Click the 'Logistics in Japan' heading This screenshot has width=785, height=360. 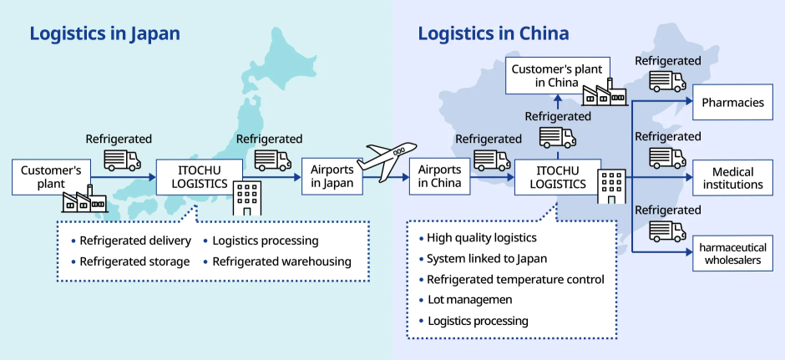(104, 33)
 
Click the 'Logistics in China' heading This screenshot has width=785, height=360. (494, 33)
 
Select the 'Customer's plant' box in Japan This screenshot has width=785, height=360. (51, 176)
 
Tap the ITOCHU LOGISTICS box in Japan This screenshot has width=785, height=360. (199, 176)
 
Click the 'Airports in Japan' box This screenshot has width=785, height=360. (332, 176)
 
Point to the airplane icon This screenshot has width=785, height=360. (386, 160)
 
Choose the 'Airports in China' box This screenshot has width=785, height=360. (439, 176)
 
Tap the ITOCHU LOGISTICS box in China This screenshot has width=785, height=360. (557, 176)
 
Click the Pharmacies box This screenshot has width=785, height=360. (732, 103)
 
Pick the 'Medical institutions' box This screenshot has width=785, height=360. (732, 178)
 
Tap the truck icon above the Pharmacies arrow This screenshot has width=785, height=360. (667, 81)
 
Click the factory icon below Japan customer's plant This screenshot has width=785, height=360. (86, 200)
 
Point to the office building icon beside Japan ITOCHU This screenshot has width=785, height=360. (247, 197)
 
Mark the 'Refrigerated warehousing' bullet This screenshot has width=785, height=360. (281, 261)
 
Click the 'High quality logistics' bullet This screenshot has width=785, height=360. (481, 237)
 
